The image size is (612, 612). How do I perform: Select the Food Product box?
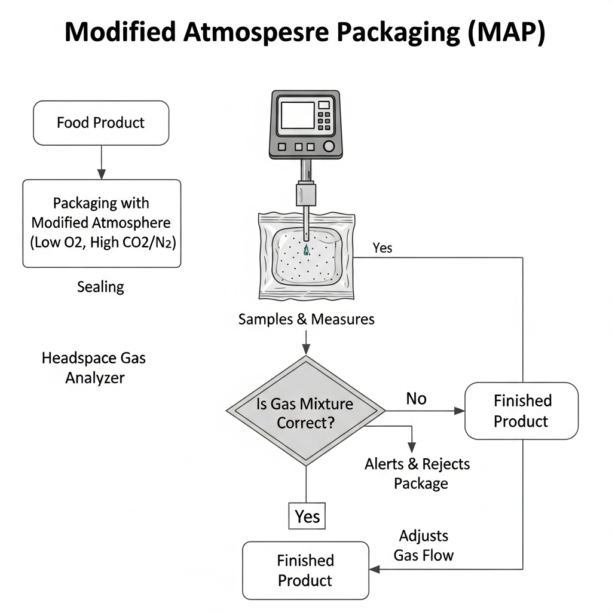pyautogui.click(x=101, y=123)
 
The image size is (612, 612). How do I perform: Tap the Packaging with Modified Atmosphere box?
pyautogui.click(x=101, y=223)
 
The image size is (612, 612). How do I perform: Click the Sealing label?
pyautogui.click(x=101, y=287)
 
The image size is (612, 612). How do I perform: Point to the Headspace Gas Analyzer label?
pyautogui.click(x=94, y=368)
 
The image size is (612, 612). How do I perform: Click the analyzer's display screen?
pyautogui.click(x=297, y=115)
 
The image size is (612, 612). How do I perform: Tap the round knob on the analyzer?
pyautogui.click(x=328, y=146)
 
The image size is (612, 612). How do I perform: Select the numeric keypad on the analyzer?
pyautogui.click(x=325, y=116)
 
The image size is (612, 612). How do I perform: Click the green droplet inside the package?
pyautogui.click(x=307, y=250)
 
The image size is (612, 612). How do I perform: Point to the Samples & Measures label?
pyautogui.click(x=306, y=319)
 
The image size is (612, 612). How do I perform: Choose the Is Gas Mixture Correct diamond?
pyautogui.click(x=306, y=411)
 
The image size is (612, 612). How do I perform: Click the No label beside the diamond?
pyautogui.click(x=416, y=398)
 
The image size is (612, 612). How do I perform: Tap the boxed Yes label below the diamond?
pyautogui.click(x=307, y=516)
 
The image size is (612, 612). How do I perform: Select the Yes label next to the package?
pyautogui.click(x=382, y=247)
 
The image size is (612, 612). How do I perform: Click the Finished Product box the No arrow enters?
pyautogui.click(x=521, y=411)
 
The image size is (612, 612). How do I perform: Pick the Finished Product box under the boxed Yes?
pyautogui.click(x=305, y=570)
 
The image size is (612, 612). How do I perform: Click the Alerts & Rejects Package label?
pyautogui.click(x=417, y=473)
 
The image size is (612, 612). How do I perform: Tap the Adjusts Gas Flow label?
pyautogui.click(x=424, y=545)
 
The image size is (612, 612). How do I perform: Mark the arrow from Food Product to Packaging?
pyautogui.click(x=101, y=162)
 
